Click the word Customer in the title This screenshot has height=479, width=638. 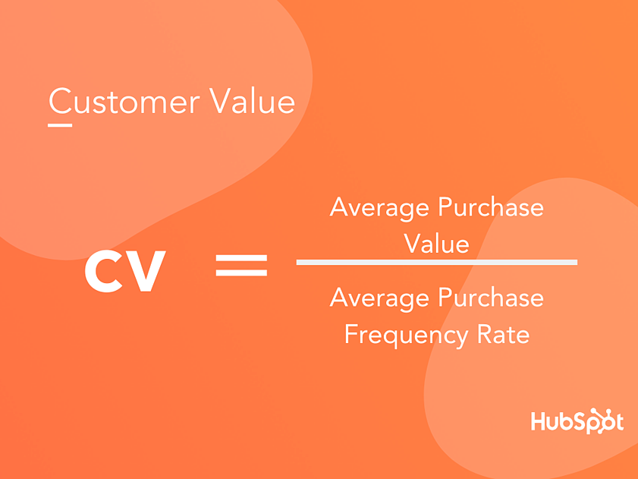click(x=124, y=101)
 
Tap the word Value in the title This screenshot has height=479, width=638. click(x=253, y=101)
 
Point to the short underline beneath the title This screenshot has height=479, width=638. click(x=60, y=125)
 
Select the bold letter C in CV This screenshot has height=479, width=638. click(x=104, y=271)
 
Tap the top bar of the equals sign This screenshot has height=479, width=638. click(x=241, y=258)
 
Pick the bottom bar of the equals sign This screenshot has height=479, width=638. click(x=241, y=272)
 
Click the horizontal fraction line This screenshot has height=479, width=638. click(x=437, y=262)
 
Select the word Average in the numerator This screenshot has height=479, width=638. click(x=379, y=209)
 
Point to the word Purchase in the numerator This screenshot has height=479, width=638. click(x=491, y=207)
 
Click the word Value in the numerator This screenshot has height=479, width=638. click(x=436, y=244)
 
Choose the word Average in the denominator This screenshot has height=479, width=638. click(x=379, y=299)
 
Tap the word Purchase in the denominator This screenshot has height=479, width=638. click(x=491, y=298)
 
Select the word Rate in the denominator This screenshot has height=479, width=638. click(x=503, y=335)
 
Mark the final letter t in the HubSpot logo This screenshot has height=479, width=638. click(x=619, y=422)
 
